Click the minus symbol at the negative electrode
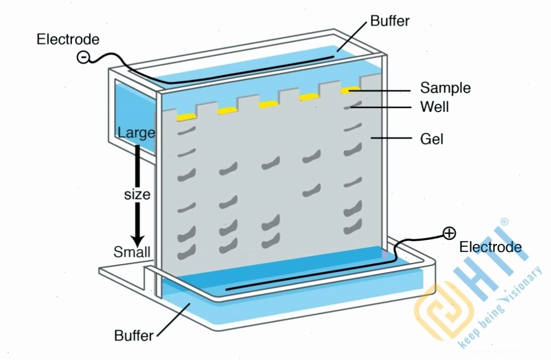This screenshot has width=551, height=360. (x=83, y=57)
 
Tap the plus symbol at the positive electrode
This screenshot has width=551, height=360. (x=449, y=233)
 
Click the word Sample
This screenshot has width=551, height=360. (x=445, y=88)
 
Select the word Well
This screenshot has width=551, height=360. (x=434, y=107)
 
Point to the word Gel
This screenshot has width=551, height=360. (x=432, y=139)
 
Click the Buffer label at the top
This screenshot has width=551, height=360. (x=389, y=21)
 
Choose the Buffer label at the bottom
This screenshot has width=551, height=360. (x=134, y=335)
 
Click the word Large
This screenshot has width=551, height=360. (x=136, y=133)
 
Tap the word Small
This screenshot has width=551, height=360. (x=132, y=252)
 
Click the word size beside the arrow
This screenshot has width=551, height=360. (x=137, y=194)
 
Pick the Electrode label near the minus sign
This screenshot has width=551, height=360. (x=68, y=39)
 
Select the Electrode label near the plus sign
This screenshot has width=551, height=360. (x=490, y=247)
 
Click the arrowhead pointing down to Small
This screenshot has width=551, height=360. (x=137, y=241)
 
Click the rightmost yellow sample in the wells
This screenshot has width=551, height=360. (x=351, y=90)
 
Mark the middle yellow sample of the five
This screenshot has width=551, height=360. (x=268, y=104)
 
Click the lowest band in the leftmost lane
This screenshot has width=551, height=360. (x=186, y=252)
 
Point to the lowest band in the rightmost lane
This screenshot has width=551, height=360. (x=352, y=227)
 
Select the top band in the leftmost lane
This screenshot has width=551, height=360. (x=186, y=131)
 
